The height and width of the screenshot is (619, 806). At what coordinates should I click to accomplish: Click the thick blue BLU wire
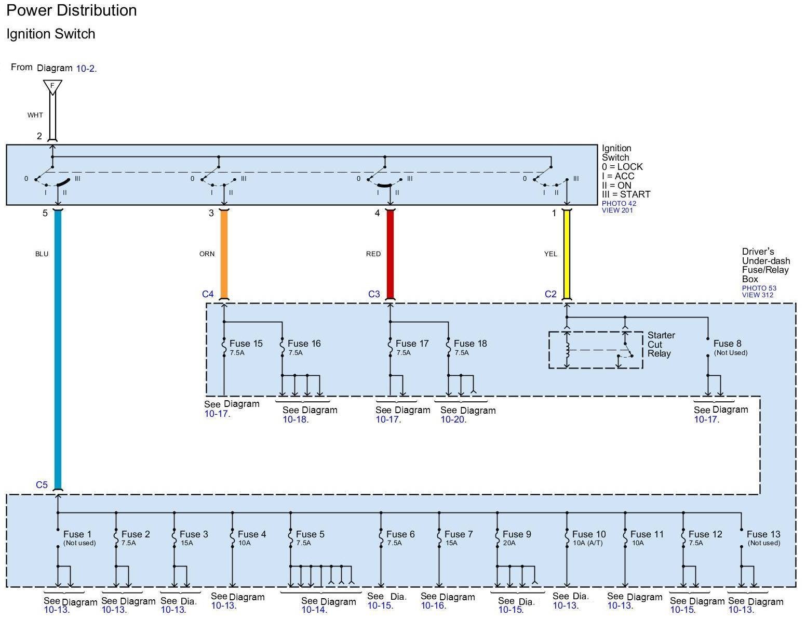pos(58,348)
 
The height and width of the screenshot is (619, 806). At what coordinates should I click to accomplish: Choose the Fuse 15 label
pos(246,344)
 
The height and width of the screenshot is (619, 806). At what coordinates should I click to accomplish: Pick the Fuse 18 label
pos(470,344)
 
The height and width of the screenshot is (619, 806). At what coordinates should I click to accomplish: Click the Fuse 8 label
pos(727,344)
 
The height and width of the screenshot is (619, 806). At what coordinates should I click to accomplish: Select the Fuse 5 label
pos(310,534)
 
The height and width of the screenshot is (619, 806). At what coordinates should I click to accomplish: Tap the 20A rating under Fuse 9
pos(509,543)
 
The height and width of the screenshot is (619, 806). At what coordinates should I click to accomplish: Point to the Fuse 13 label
pos(763,534)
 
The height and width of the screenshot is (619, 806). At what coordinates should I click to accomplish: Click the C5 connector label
pos(42,485)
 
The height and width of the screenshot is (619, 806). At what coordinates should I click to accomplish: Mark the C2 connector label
pos(550,294)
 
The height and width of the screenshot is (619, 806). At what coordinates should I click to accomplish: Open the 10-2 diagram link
pos(86,68)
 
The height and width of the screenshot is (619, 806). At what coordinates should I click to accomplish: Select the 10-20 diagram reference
pos(453,419)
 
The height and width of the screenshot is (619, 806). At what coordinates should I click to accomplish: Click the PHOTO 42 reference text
pos(619,203)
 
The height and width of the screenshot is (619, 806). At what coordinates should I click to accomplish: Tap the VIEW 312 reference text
pos(757,295)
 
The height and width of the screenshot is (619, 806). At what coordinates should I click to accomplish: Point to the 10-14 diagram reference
pos(314,610)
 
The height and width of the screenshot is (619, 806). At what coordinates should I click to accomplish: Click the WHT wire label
pos(35,115)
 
